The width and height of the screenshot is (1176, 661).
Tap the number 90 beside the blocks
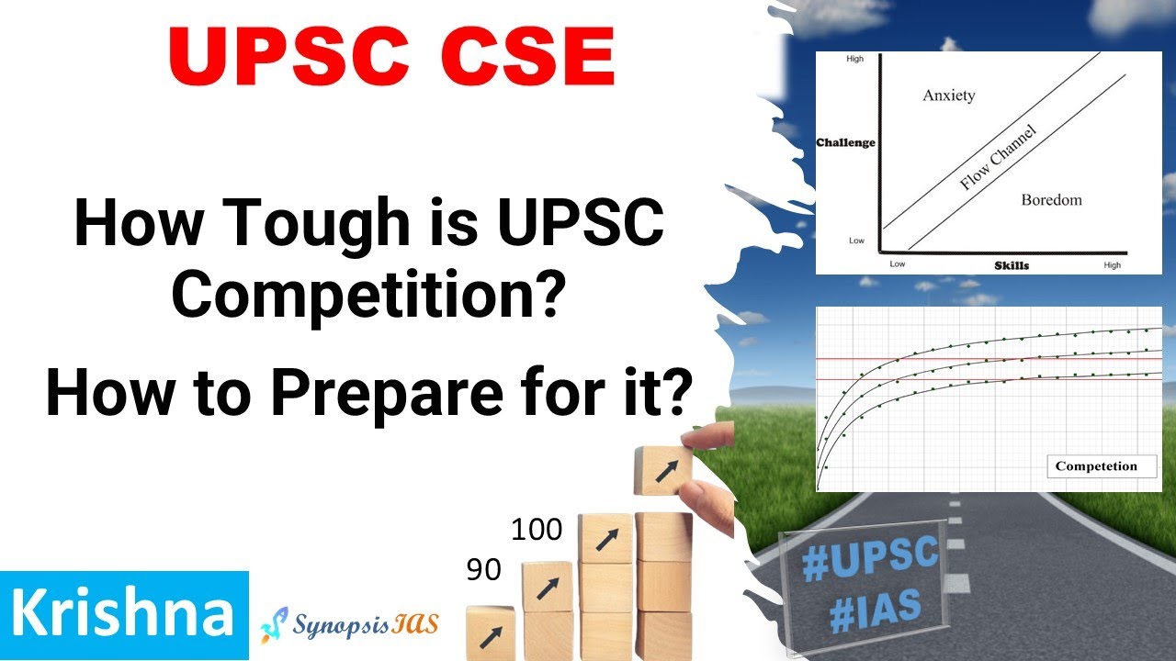[x=483, y=570]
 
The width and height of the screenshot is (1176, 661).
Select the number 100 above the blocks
[x=537, y=530]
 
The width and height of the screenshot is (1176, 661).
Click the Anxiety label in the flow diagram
[x=948, y=95]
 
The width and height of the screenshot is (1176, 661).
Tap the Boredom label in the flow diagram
[x=1051, y=199]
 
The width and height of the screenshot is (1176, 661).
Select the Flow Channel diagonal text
[x=998, y=158]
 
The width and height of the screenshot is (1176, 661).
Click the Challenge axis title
[x=845, y=142]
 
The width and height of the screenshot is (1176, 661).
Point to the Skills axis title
[x=1012, y=265]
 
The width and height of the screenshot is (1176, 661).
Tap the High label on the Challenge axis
[x=854, y=59]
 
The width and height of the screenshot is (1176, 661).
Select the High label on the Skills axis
[x=1112, y=265]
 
